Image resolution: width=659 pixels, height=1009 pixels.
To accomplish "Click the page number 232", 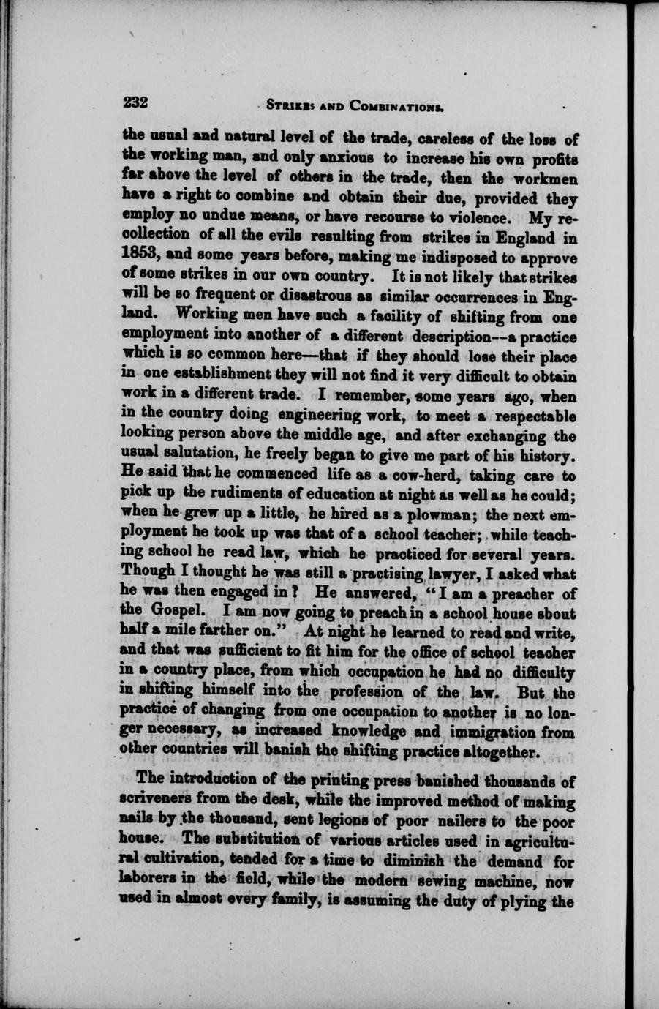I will pyautogui.click(x=136, y=102).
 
